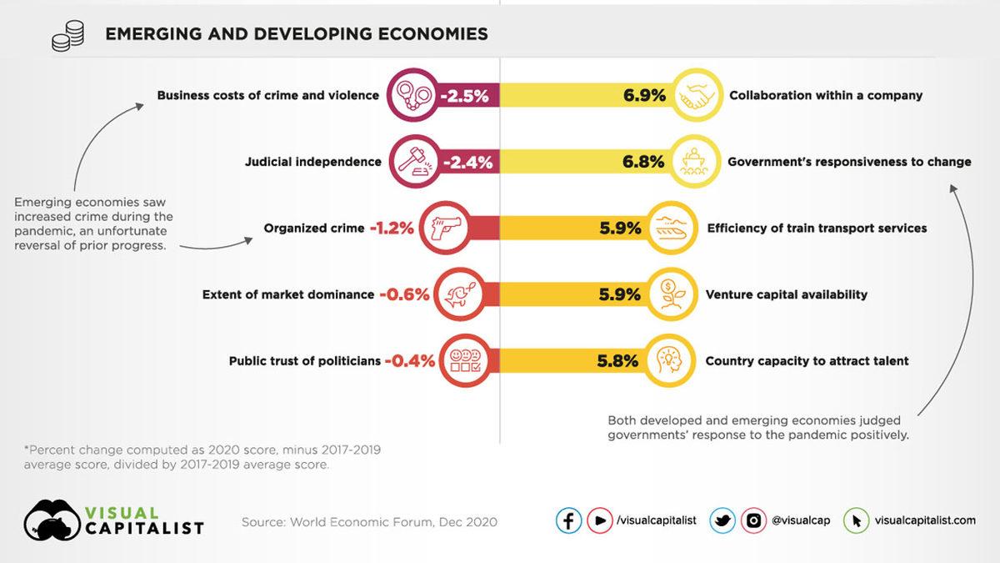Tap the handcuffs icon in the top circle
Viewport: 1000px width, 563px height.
click(x=414, y=95)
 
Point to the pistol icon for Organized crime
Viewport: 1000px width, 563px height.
click(x=444, y=228)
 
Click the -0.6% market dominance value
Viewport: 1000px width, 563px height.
click(x=404, y=294)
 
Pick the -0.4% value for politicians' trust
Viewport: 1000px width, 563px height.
click(x=408, y=361)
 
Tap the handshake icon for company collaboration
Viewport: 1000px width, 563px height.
click(x=697, y=95)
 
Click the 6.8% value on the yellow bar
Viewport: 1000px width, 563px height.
click(x=644, y=161)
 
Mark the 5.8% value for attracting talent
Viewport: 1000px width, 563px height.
click(x=617, y=361)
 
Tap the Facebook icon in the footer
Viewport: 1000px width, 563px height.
click(x=568, y=520)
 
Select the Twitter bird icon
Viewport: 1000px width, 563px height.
click(x=722, y=520)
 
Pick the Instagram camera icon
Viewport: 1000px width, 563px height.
click(x=752, y=520)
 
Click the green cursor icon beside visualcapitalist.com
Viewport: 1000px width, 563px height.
click(x=856, y=520)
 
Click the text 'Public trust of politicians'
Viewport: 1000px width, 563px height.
click(x=304, y=361)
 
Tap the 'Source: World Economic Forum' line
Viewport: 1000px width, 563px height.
click(x=369, y=522)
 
